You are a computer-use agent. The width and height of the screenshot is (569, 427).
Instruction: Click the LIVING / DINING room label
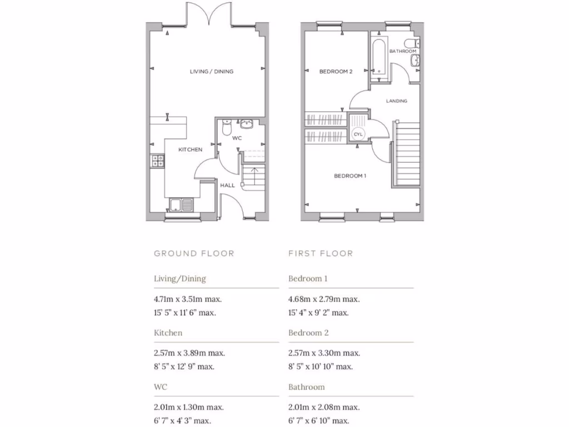point(211,72)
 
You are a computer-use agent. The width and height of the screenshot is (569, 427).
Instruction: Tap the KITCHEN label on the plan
point(190,150)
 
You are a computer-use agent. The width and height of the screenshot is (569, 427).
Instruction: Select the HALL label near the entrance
point(228,185)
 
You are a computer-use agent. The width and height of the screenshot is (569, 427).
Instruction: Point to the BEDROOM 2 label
point(336,72)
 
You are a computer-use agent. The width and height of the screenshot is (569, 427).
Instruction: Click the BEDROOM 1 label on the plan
point(350,176)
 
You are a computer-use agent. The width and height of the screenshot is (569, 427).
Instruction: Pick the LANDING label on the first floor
point(397,101)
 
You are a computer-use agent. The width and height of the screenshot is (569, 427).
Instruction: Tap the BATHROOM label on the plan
point(402,51)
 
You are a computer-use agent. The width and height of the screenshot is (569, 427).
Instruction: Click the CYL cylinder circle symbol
point(357,135)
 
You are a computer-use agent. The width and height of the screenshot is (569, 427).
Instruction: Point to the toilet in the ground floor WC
point(226,127)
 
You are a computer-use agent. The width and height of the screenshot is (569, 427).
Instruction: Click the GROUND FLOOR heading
point(194,254)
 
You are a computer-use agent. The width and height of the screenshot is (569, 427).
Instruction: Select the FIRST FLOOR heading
point(321,254)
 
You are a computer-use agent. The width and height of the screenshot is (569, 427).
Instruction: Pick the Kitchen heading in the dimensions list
point(168,333)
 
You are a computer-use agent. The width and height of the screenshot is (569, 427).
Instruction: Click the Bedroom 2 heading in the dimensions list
point(308,333)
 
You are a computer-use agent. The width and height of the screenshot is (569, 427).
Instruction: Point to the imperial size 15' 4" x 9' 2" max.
point(318,312)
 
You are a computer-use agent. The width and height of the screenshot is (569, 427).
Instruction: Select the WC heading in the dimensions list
point(161,387)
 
